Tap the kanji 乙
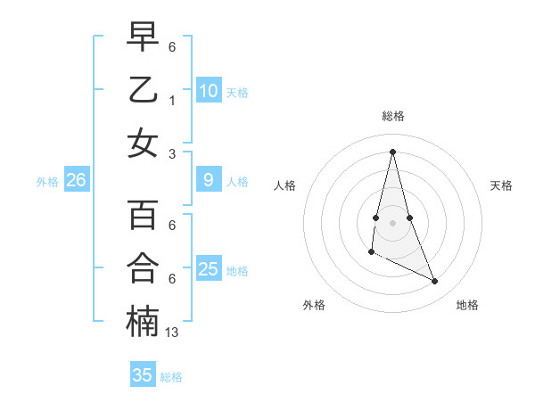point(143,90)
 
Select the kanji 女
point(143,144)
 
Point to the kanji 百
point(143,215)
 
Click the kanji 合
point(143,268)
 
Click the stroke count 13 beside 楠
point(172,333)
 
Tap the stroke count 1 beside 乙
point(172,100)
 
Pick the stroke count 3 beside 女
point(172,153)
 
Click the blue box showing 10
point(209,90)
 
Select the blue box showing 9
point(209,180)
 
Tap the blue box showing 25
point(209,269)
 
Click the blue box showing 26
point(77,180)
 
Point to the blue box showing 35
point(143,375)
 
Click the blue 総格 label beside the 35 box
point(171,377)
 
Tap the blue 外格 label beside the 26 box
point(47,182)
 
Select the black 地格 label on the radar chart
point(467,305)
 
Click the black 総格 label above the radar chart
point(392,116)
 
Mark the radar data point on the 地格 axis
point(435,282)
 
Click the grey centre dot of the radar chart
point(392,222)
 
